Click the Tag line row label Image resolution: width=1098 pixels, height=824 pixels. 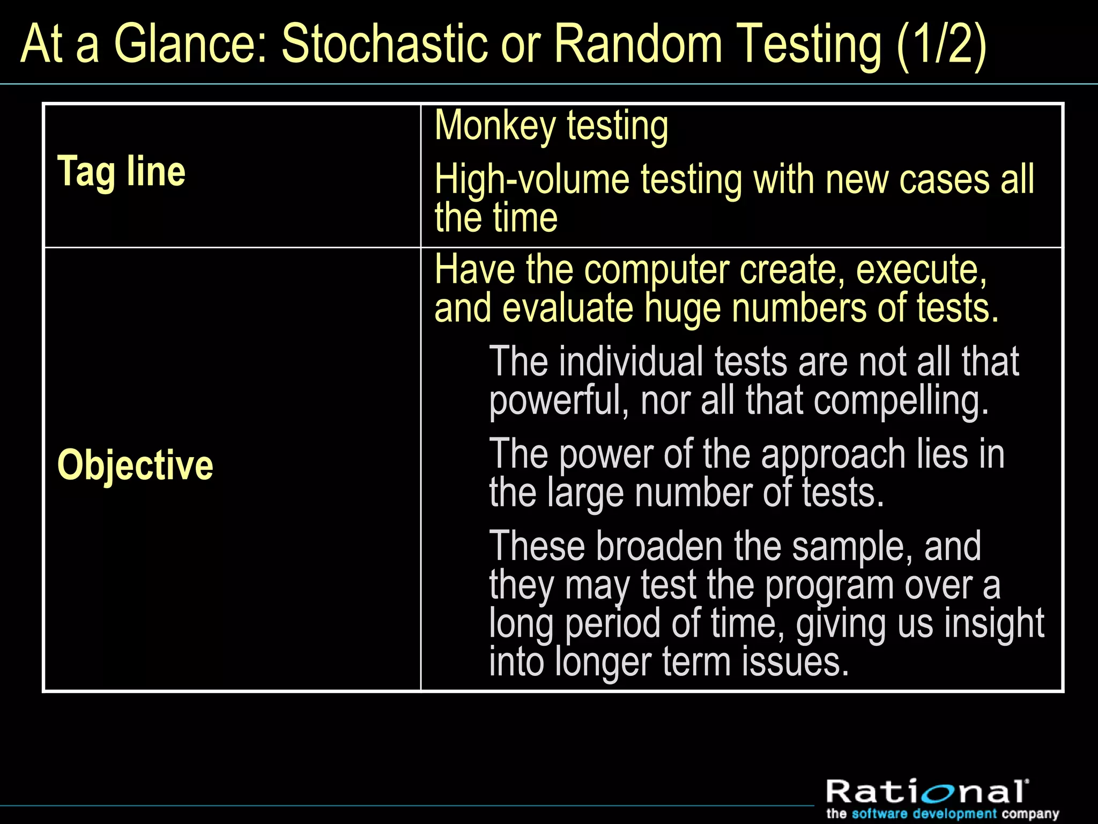(x=121, y=172)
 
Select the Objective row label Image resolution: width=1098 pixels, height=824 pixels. (x=135, y=465)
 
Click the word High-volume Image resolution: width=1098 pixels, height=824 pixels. (x=531, y=179)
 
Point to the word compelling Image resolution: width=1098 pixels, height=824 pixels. (x=901, y=401)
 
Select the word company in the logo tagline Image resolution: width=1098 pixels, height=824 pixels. (x=1030, y=814)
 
